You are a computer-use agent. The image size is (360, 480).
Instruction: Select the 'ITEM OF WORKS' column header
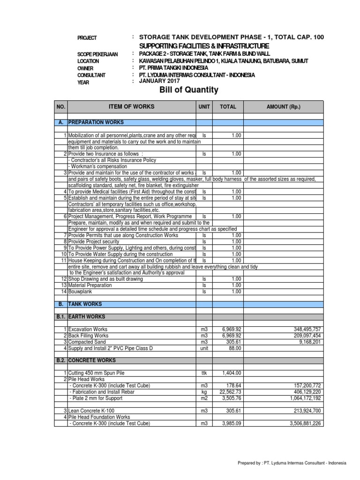tap(131, 107)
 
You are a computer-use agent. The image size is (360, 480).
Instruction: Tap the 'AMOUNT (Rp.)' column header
tap(283, 107)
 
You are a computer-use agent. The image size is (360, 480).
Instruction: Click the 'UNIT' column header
tap(204, 107)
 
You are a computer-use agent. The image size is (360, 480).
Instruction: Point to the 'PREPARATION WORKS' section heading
tap(96, 122)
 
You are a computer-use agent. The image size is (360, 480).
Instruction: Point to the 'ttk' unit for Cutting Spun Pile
tap(204, 373)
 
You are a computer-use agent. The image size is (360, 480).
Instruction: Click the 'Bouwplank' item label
tap(80, 291)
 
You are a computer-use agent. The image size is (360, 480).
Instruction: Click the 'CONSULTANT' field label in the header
tap(91, 75)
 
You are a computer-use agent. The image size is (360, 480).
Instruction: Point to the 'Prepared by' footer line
tap(292, 463)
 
